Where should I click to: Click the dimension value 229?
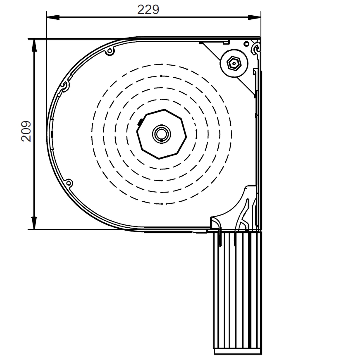(x=148, y=10)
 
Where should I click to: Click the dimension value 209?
(x=26, y=131)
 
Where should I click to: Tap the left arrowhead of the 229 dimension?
(x=53, y=17)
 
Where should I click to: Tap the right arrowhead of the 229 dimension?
(x=254, y=17)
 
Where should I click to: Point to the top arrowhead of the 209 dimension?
(x=34, y=45)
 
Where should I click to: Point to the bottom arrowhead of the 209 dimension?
(x=34, y=223)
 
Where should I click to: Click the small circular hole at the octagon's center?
(x=161, y=134)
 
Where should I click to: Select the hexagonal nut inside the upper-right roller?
(x=234, y=63)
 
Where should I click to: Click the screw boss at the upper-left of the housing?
(x=110, y=51)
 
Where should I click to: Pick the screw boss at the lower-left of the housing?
(x=68, y=183)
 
